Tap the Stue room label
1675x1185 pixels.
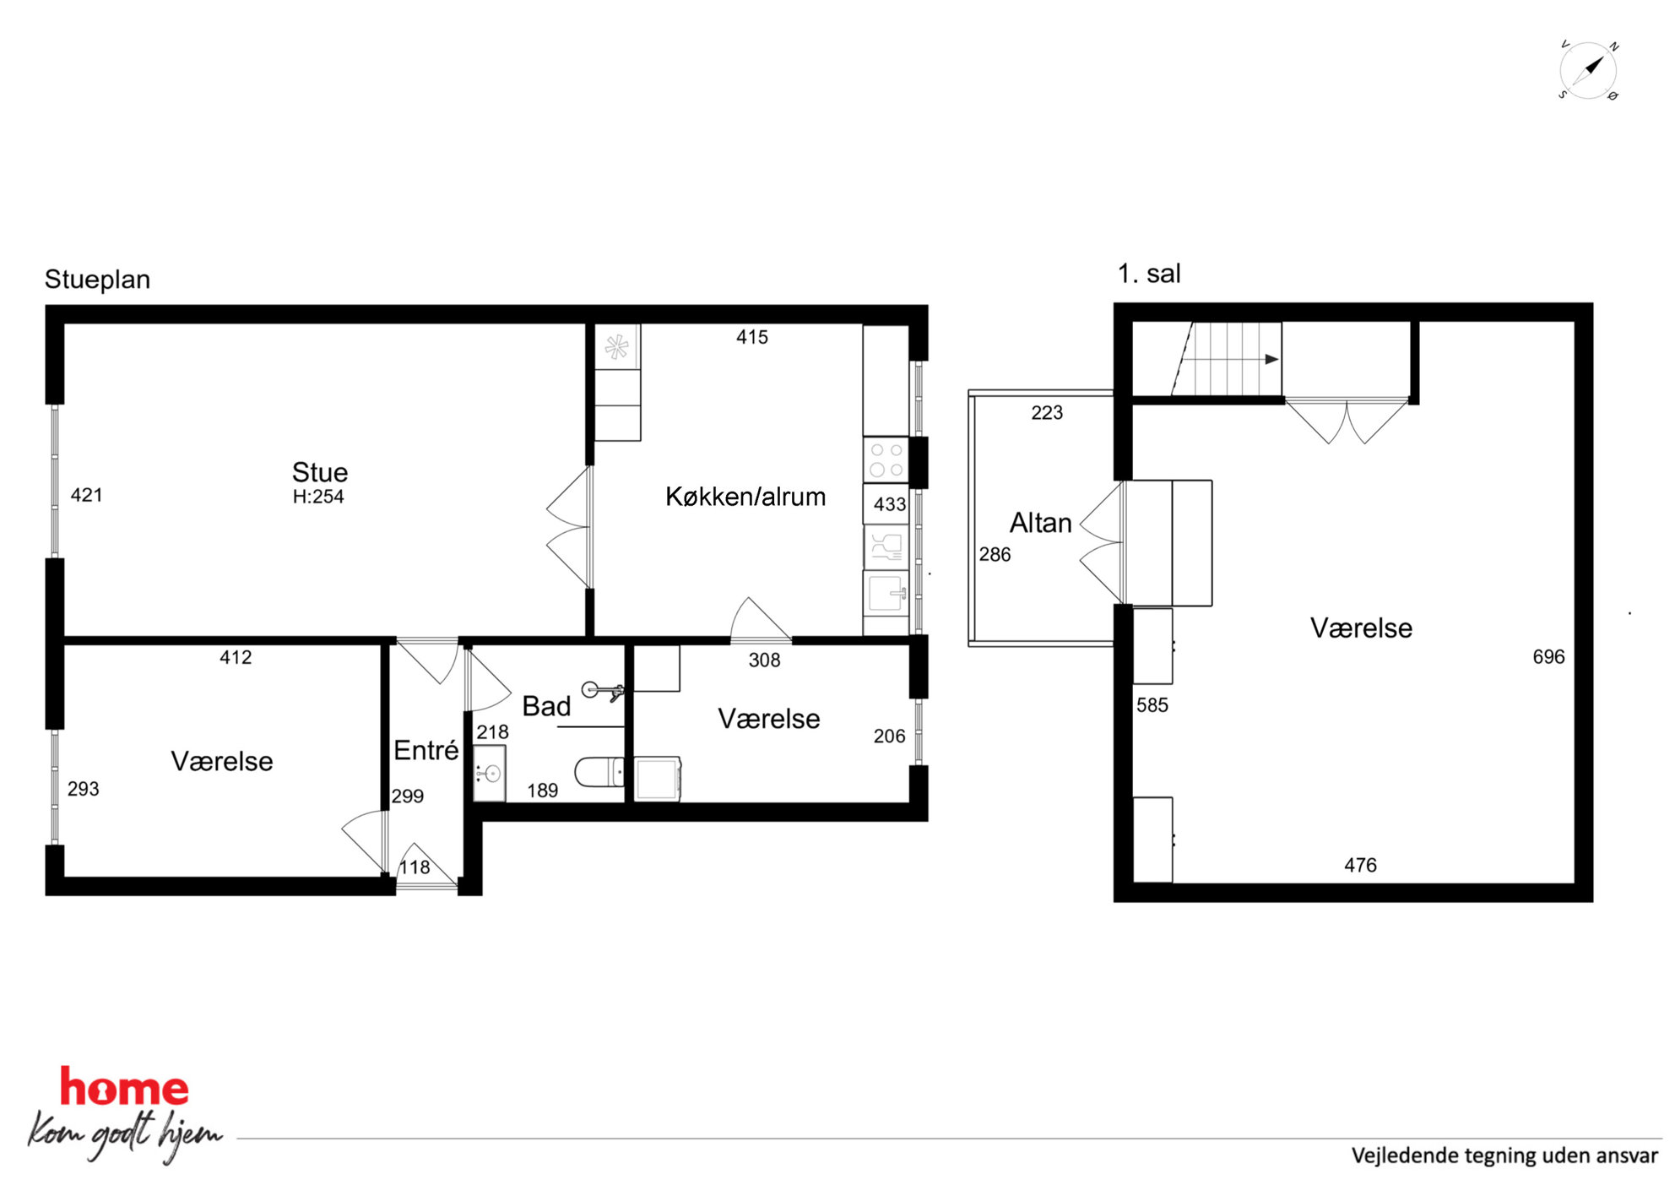tap(320, 471)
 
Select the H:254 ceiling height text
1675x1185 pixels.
tap(318, 497)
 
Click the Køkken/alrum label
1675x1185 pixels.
tap(745, 497)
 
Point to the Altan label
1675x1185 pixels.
tap(1040, 523)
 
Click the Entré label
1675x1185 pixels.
tap(426, 750)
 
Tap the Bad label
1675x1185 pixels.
tap(546, 706)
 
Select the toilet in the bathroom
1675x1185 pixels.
tap(599, 772)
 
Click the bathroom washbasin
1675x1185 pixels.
tap(490, 773)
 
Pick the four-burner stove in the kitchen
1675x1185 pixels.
tap(886, 460)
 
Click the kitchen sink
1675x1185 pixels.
tap(886, 592)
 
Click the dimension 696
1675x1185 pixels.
tap(1548, 657)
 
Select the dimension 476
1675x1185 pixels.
tap(1360, 865)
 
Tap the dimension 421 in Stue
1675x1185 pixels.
tap(86, 495)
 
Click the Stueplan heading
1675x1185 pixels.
tap(97, 280)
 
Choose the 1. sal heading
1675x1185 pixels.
tap(1149, 274)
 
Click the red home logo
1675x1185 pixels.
tap(124, 1087)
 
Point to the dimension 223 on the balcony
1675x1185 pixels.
tap(1047, 413)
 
